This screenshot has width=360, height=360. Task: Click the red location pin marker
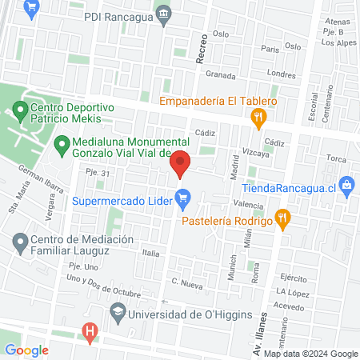tap(181, 162)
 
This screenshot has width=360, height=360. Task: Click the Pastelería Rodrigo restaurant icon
tap(282, 216)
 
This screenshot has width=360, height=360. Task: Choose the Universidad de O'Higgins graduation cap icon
tap(118, 311)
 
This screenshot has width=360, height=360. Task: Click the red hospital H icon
tap(90, 330)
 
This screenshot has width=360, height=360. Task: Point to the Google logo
tap(26, 350)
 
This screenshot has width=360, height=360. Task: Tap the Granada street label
tap(220, 75)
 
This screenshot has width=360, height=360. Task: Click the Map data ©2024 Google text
tap(310, 353)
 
